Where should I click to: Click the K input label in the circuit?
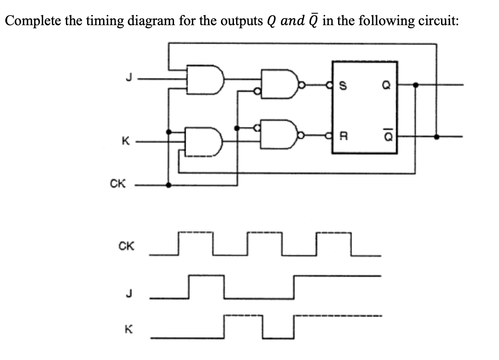[125, 142]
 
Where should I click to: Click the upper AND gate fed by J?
[205, 79]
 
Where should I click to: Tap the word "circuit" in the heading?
[433, 21]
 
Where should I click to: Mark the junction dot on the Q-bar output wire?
[437, 137]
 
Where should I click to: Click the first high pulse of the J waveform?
[206, 283]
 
